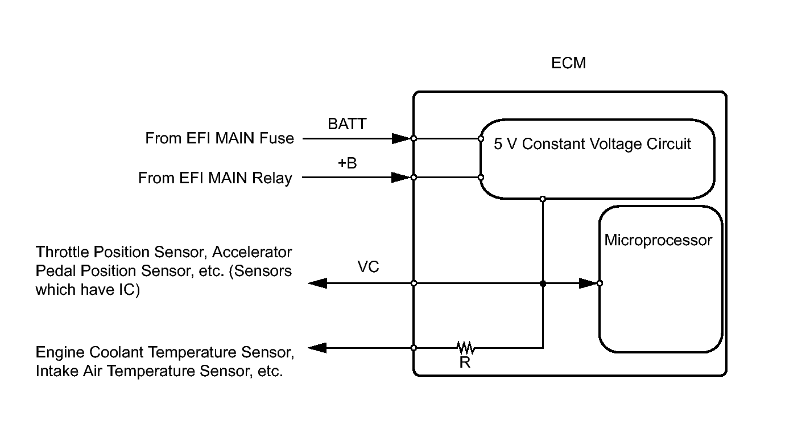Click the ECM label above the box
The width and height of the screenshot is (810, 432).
point(568,63)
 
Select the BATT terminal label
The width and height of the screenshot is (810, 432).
point(347,124)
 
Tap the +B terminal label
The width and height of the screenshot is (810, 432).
point(347,163)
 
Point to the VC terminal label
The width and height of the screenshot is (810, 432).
point(368,266)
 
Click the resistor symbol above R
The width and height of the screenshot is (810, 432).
point(465,347)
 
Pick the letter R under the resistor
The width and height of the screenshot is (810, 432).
point(465,363)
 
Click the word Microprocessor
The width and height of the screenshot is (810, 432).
point(658,240)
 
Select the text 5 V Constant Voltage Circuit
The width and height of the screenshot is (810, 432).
point(592,144)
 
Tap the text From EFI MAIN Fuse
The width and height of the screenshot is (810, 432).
point(220,138)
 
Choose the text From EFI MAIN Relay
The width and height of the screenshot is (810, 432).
point(215,178)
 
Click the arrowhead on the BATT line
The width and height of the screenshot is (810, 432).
point(401,138)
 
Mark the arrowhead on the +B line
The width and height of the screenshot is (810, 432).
point(401,178)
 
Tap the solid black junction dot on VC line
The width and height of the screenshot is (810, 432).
point(543,283)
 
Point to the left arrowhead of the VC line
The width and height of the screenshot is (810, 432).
point(317,283)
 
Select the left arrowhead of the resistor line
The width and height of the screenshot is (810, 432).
point(317,347)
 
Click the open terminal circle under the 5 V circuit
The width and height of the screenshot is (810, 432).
point(543,199)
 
